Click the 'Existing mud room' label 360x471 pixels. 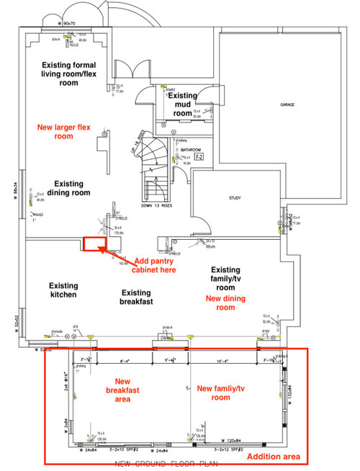(183, 104)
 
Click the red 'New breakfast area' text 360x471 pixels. (121, 390)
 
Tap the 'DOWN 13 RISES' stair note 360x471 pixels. (157, 205)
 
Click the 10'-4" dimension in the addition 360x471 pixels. (224, 359)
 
